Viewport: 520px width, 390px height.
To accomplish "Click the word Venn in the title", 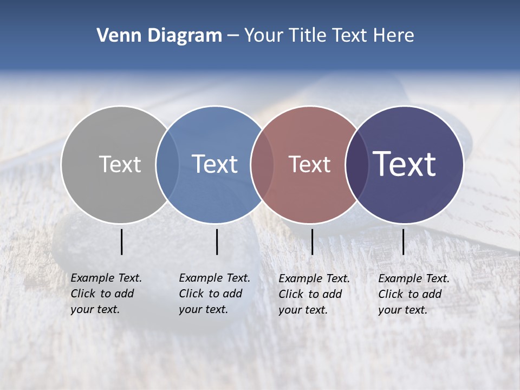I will (115, 35).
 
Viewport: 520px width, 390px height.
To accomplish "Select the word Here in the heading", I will (394, 35).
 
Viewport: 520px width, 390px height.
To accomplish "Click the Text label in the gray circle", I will (120, 164).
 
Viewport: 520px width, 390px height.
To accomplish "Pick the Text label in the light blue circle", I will (214, 164).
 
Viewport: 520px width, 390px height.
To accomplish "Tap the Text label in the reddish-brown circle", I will (309, 164).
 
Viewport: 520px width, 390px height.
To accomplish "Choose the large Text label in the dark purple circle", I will (405, 164).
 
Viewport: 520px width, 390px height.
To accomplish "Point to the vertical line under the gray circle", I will (122, 242).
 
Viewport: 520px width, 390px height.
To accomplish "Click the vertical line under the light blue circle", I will (217, 242).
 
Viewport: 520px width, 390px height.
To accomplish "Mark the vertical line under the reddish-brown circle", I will (312, 242).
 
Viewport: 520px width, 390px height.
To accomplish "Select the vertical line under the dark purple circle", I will (403, 242).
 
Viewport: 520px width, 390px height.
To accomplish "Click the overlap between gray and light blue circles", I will (167, 165).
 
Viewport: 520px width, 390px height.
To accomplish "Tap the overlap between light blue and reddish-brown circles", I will (262, 165).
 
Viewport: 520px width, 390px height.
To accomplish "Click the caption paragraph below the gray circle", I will (106, 294).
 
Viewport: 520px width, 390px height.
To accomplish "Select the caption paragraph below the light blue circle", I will (214, 294).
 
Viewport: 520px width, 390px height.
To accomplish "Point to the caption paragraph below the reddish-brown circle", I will (314, 294).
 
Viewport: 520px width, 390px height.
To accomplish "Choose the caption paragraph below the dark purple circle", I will (414, 294).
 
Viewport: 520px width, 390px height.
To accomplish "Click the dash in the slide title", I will (233, 36).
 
